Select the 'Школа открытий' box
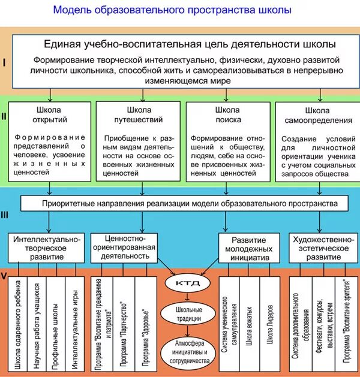51,141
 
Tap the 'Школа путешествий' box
139,141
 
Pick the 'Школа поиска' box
227,141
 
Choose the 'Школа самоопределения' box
316,141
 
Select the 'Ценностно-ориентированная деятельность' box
127,246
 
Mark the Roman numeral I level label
4,62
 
